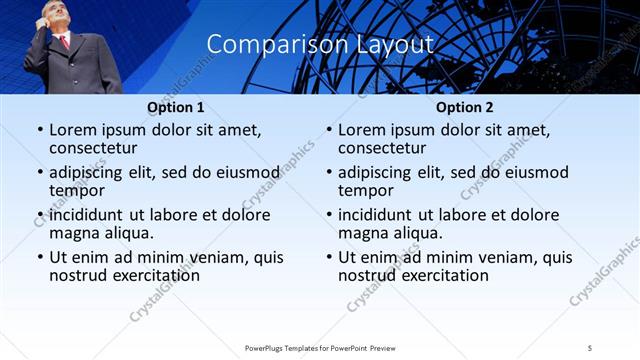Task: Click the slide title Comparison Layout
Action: (320, 44)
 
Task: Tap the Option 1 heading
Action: (175, 107)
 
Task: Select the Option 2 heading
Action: (464, 107)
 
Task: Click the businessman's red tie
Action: (65, 41)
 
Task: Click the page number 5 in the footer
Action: (590, 347)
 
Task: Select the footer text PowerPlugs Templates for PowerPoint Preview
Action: (320, 347)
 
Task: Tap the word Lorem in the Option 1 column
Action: (75, 130)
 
